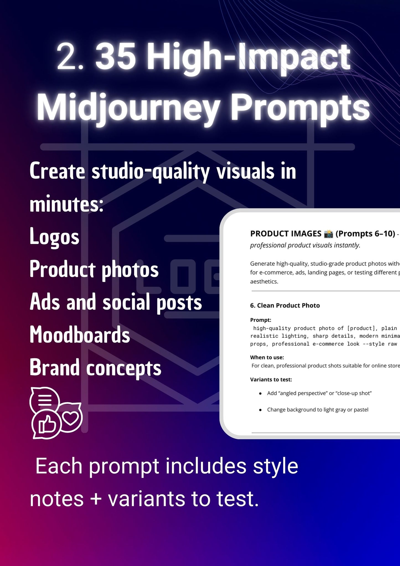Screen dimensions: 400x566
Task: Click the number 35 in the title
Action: pos(115,57)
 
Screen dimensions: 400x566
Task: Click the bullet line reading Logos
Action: pos(55,236)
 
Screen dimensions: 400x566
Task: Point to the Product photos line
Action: pos(94,269)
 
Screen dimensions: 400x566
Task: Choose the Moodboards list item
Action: pos(80,334)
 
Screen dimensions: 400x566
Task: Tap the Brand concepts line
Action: pos(96,367)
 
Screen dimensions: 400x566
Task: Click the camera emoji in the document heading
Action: pos(328,234)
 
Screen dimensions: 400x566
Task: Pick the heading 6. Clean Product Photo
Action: pos(285,305)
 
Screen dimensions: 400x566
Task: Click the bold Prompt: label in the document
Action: pos(261,320)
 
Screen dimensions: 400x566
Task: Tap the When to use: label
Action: pos(267,357)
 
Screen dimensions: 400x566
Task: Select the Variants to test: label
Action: pos(271,380)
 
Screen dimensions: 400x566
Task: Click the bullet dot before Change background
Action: pos(260,410)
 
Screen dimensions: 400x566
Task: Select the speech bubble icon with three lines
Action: pos(45,399)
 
